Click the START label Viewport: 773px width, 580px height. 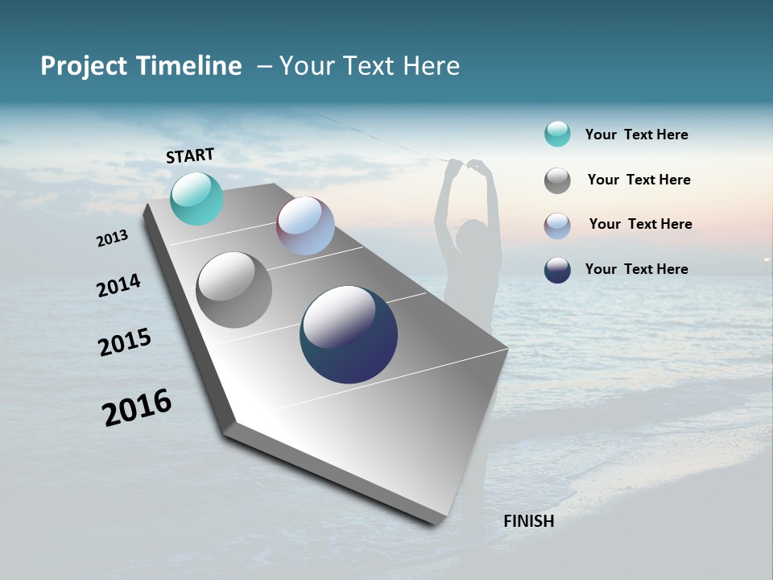pos(190,155)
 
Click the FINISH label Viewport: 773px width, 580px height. pos(528,521)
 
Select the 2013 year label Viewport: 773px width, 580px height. pos(113,238)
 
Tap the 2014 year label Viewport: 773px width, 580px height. pos(118,285)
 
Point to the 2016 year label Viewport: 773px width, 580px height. pos(137,407)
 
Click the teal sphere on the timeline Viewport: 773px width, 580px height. pos(196,198)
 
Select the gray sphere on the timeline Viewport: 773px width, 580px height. pos(234,290)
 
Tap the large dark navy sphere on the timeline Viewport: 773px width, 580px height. pos(349,334)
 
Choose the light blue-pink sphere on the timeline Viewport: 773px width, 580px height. pos(305,226)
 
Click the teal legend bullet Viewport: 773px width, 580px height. pos(557,134)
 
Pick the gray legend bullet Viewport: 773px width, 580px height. pos(557,180)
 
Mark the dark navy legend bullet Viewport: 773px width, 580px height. pos(557,270)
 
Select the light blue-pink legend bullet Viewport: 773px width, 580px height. pos(557,226)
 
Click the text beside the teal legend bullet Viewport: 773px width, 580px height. pos(636,135)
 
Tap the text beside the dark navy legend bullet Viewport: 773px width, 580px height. pos(636,269)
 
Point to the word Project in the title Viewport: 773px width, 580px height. pos(85,66)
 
